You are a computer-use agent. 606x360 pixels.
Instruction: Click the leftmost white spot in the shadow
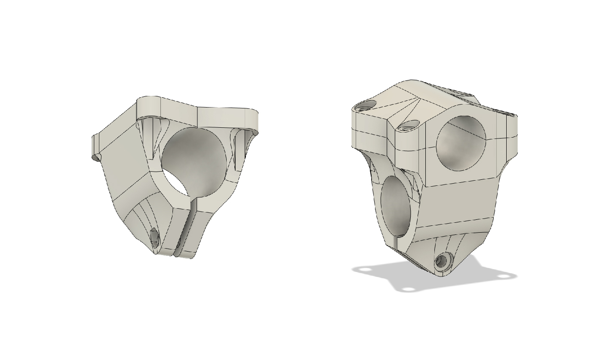(x=366, y=270)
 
